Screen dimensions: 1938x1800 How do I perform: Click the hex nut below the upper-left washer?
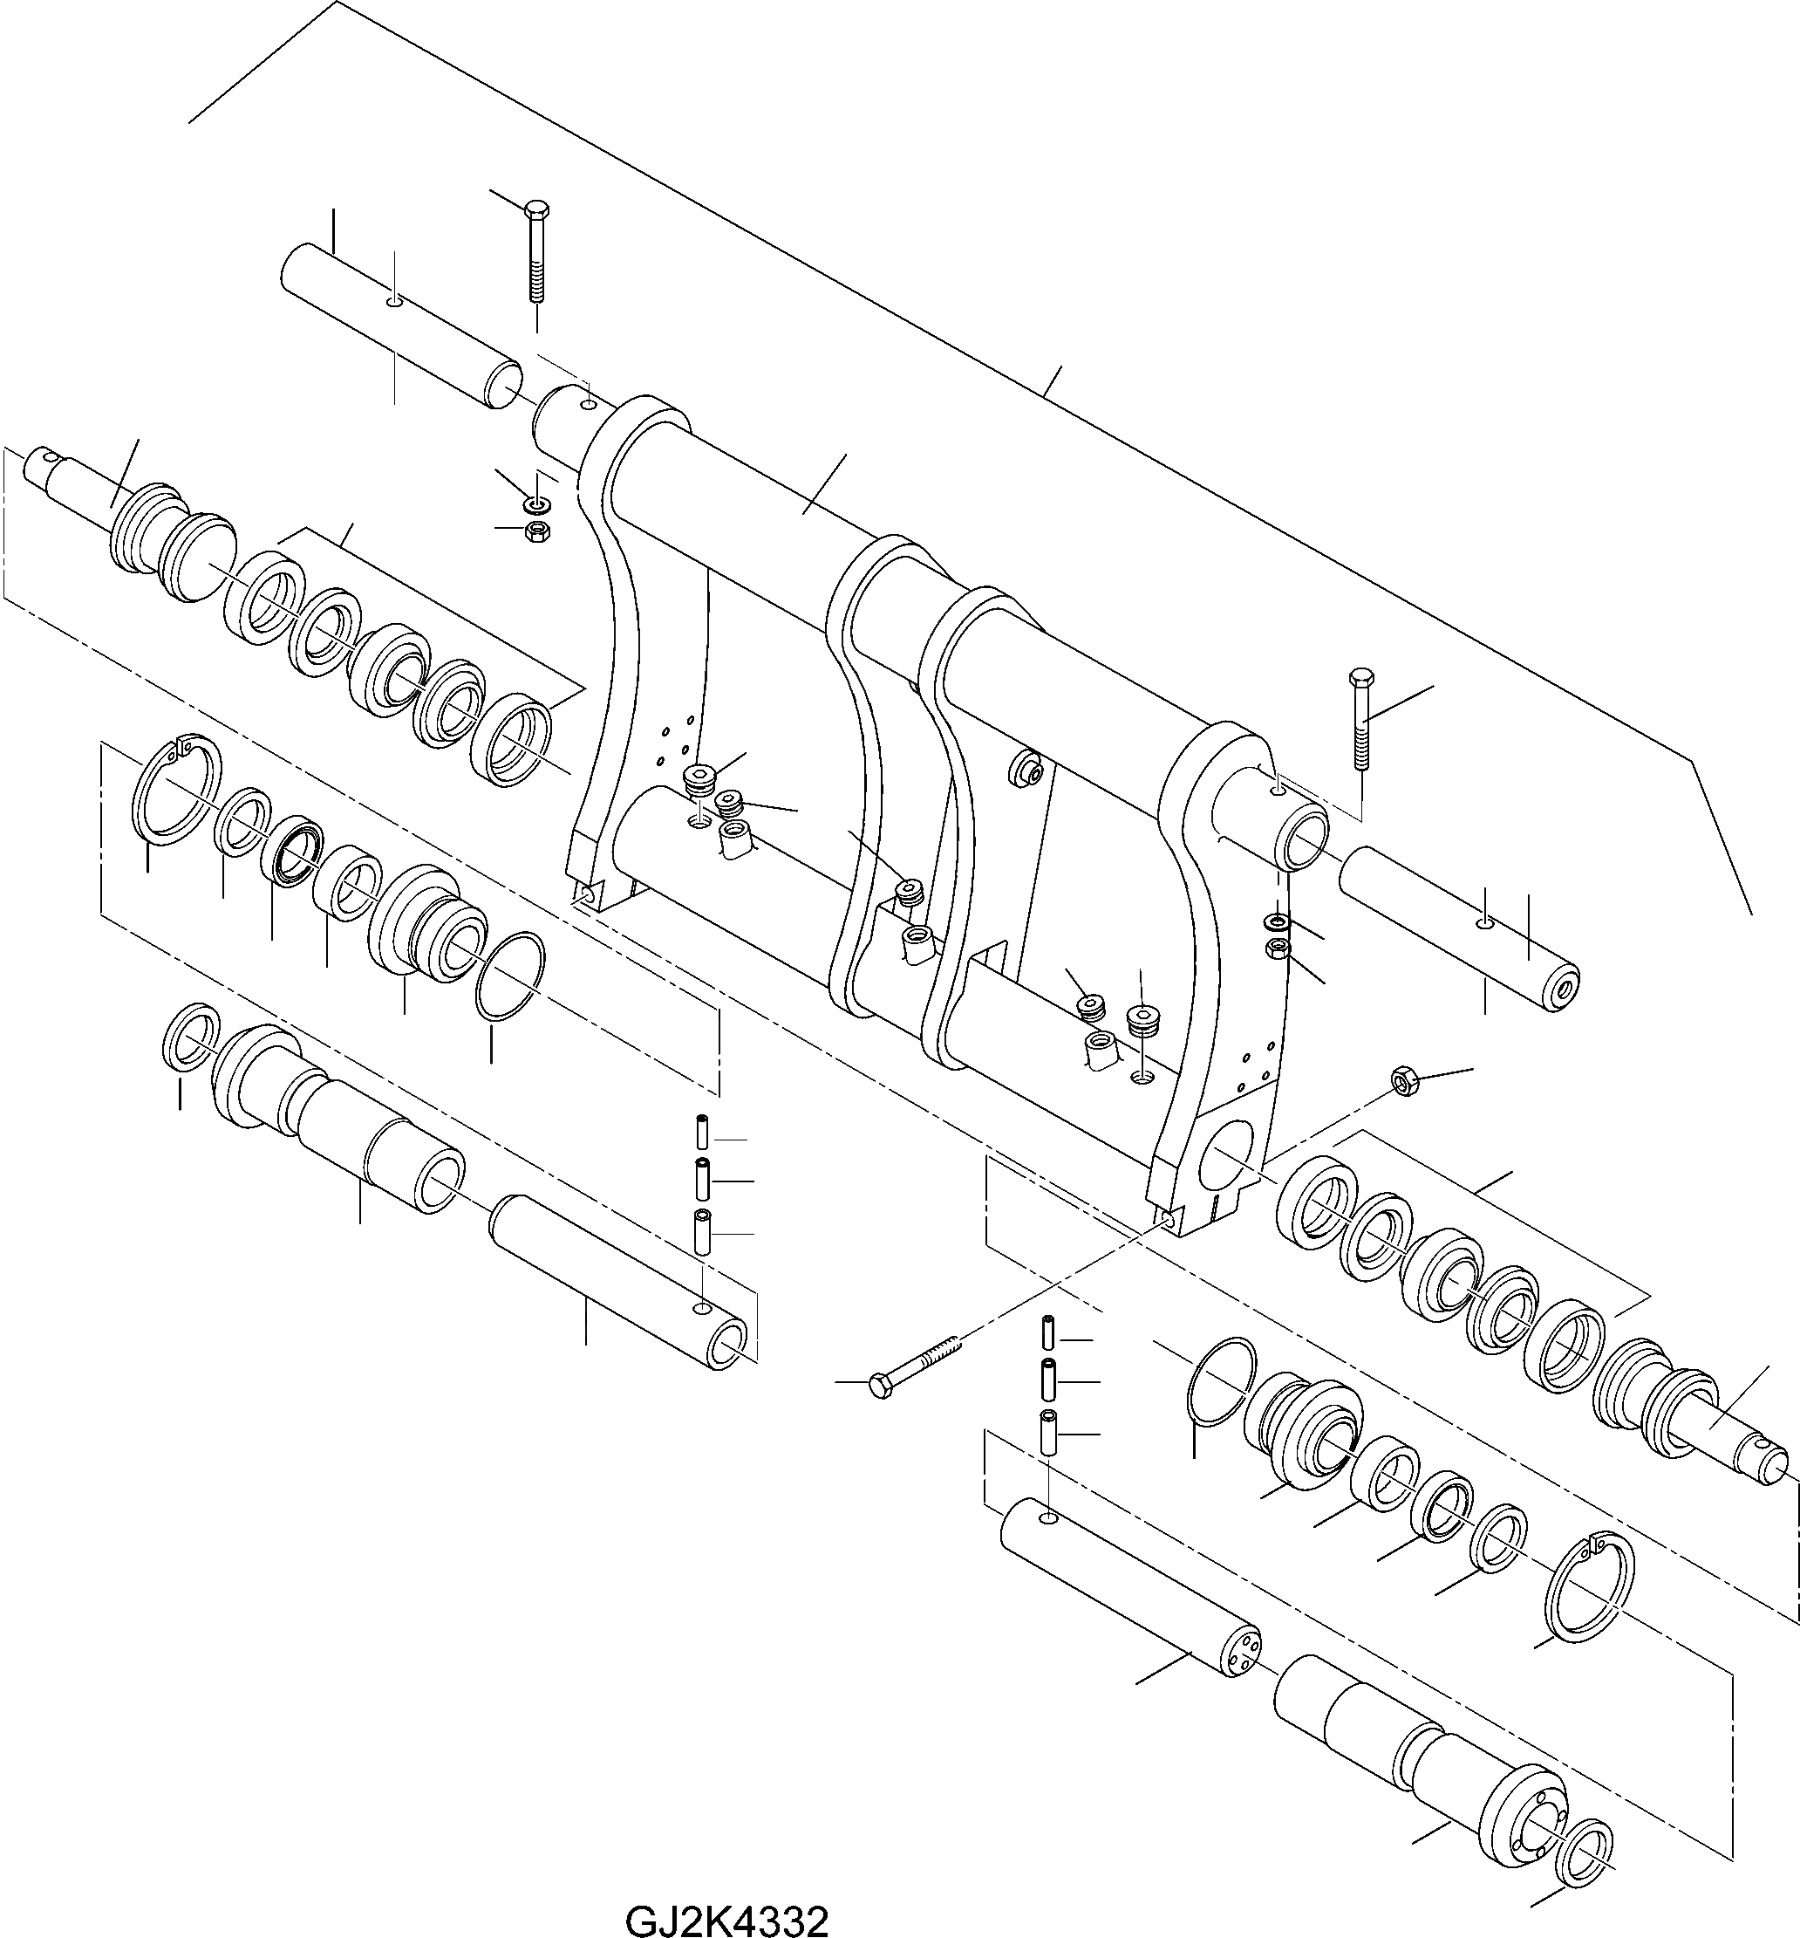coord(534,531)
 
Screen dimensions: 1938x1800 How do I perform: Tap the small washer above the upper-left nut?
coord(534,504)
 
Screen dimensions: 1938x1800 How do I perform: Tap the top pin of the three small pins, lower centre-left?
coord(701,1133)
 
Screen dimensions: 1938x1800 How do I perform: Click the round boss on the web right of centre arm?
coord(1026,770)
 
